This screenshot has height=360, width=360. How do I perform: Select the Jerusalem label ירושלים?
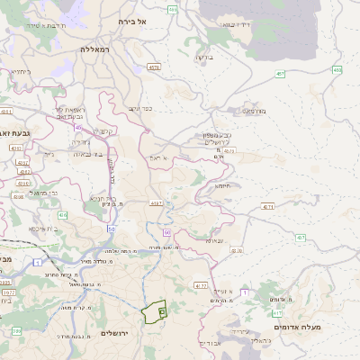tap(116, 334)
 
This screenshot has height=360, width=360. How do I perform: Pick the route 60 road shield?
tap(167, 233)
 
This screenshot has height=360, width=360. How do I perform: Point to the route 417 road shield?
tap(202, 285)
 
